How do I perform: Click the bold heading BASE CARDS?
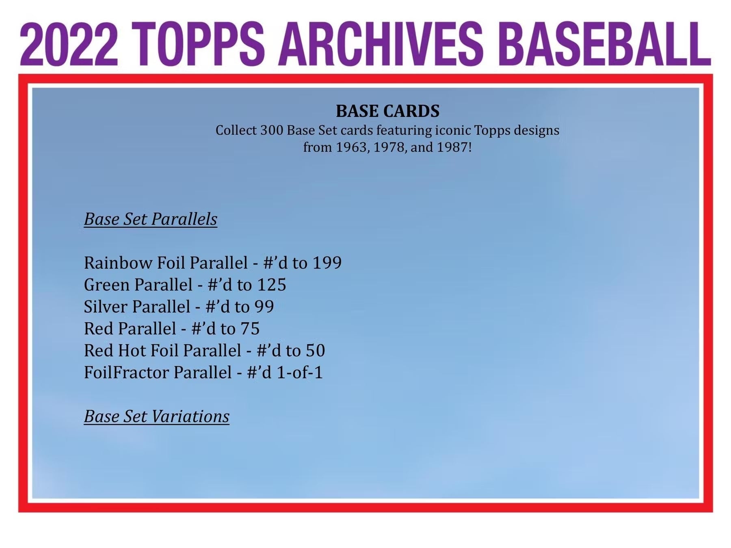(x=387, y=111)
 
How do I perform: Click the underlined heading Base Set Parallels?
(x=151, y=219)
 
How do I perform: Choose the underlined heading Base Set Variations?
(x=157, y=416)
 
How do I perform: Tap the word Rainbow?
(x=118, y=263)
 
